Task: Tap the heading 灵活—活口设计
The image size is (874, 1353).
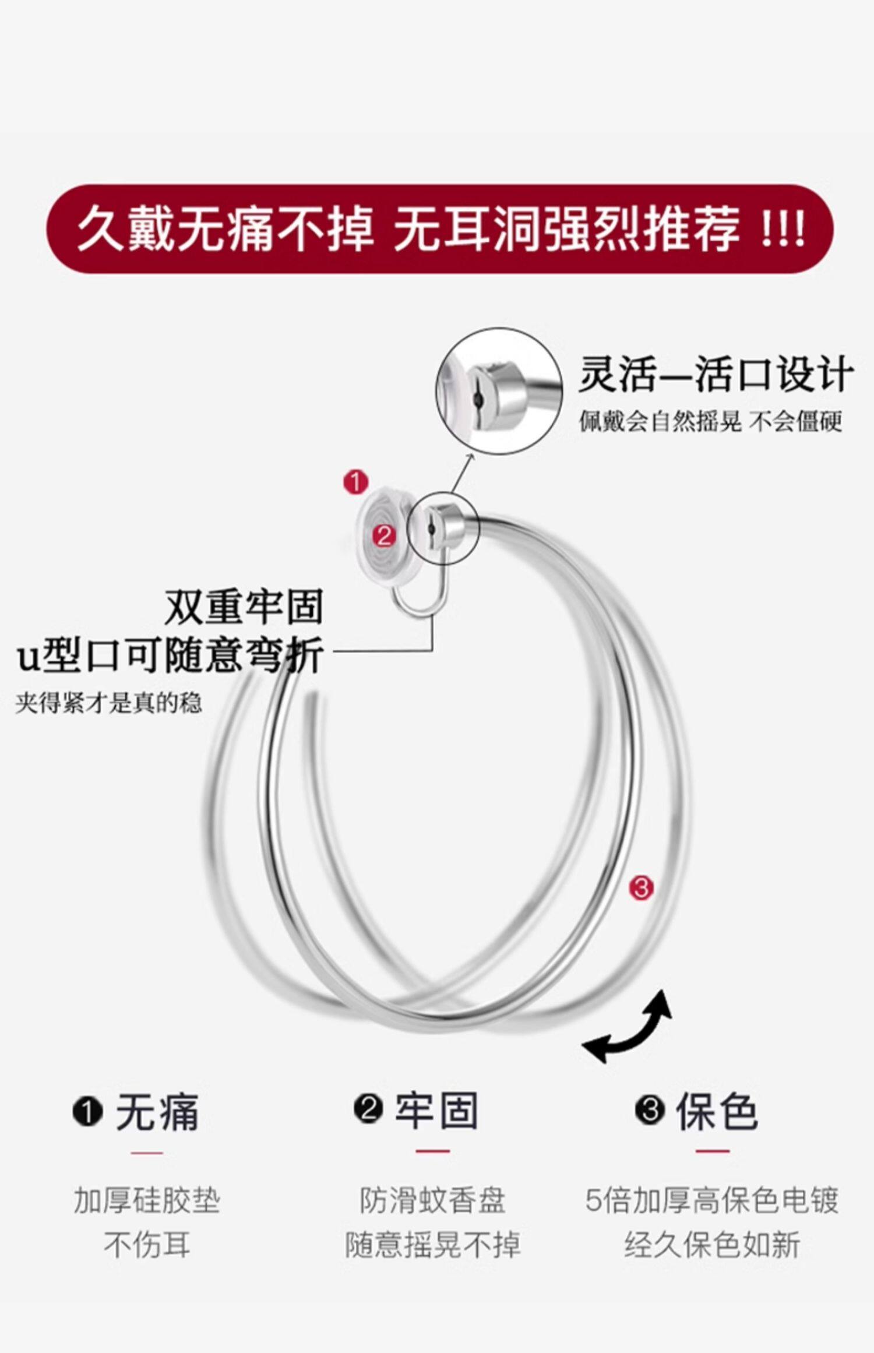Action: [x=716, y=375]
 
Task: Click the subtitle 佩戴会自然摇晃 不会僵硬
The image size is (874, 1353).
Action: [x=710, y=421]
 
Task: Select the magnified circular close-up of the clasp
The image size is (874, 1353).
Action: [x=499, y=390]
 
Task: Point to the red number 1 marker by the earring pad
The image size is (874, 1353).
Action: [x=355, y=482]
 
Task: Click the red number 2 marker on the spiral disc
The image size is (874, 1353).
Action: [x=383, y=535]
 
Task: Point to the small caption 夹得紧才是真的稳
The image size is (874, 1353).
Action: [x=109, y=703]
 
